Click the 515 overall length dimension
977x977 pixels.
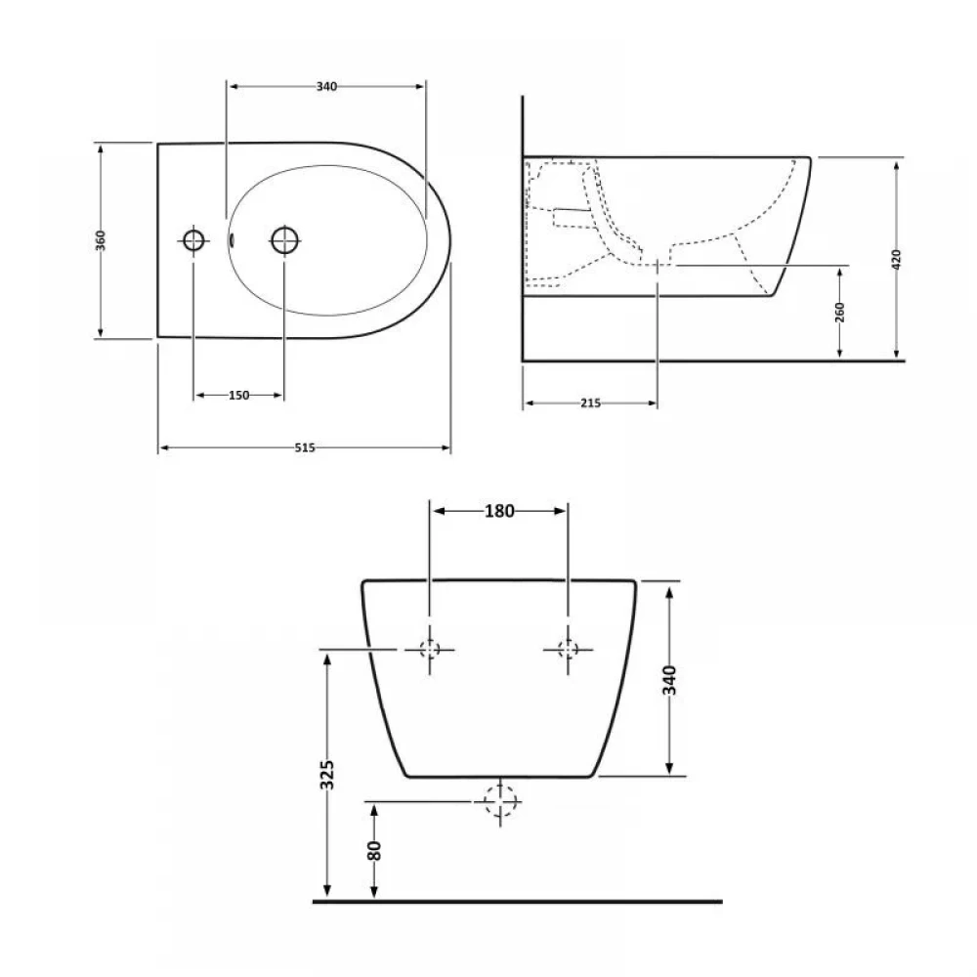click(305, 447)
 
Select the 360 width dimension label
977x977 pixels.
click(101, 240)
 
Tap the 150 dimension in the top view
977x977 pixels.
click(238, 395)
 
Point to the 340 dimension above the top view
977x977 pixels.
click(326, 87)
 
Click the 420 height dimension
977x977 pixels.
click(896, 259)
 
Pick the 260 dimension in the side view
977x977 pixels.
click(840, 313)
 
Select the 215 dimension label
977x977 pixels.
click(591, 404)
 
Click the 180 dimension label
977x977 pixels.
click(499, 511)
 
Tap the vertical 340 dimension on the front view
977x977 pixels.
click(669, 680)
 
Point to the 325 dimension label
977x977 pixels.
click(327, 775)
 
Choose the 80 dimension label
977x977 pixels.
click(374, 850)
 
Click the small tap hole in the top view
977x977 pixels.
click(193, 240)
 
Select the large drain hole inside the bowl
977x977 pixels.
click(284, 240)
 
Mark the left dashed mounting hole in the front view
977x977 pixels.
click(429, 650)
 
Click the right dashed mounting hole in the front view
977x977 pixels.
click(568, 650)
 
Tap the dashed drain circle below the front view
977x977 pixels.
click(500, 801)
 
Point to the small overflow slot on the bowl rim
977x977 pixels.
click(232, 240)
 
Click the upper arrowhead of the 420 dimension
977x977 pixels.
click(896, 164)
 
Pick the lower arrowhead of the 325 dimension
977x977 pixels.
click(327, 892)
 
